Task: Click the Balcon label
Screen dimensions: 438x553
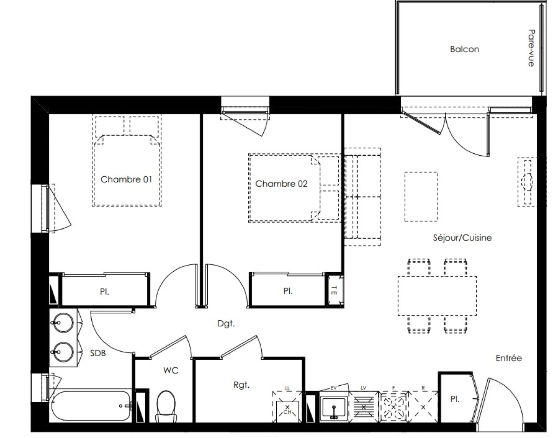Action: pyautogui.click(x=464, y=49)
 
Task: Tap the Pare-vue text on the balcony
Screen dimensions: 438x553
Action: pyautogui.click(x=531, y=48)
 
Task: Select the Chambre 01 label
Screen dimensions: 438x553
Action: pyautogui.click(x=126, y=179)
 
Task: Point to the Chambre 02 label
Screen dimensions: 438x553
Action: pyautogui.click(x=281, y=184)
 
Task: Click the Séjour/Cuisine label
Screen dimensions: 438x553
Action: pyautogui.click(x=462, y=238)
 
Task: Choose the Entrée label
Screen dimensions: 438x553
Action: pyautogui.click(x=508, y=358)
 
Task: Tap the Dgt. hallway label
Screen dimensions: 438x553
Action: pyautogui.click(x=226, y=323)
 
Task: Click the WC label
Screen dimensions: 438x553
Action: pyautogui.click(x=170, y=370)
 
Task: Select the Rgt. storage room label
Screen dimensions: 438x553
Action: pyautogui.click(x=241, y=385)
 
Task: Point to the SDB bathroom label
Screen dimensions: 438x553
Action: pyautogui.click(x=98, y=353)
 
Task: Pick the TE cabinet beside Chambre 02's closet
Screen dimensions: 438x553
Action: pyautogui.click(x=335, y=290)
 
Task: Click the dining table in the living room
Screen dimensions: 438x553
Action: pyautogui.click(x=437, y=296)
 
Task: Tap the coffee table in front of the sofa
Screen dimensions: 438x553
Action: pyautogui.click(x=421, y=197)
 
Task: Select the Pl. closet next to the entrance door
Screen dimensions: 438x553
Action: pyautogui.click(x=455, y=399)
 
